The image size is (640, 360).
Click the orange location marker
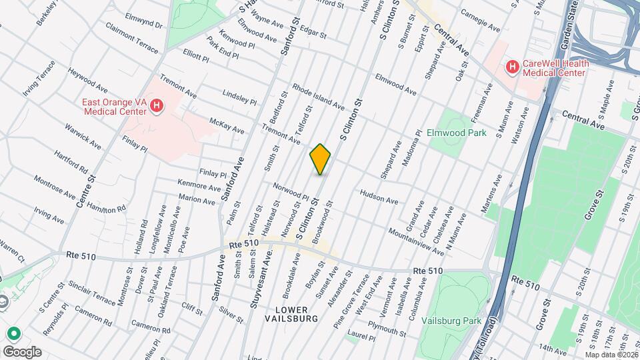(321, 159)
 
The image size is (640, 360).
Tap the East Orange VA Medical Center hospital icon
(156, 107)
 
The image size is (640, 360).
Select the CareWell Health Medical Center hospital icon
(512, 67)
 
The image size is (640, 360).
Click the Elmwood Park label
(457, 133)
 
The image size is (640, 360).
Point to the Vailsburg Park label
(451, 321)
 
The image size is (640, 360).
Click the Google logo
(22, 351)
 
